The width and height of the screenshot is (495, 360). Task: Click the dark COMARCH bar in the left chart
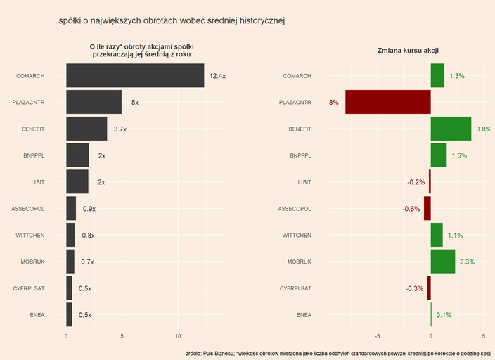pos(135,75)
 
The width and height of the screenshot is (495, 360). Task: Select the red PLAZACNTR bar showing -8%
pos(388,102)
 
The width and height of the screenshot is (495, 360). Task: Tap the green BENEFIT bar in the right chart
pos(451,129)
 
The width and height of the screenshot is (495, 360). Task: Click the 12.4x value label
pos(217,76)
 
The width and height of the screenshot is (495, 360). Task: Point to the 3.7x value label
pos(120,129)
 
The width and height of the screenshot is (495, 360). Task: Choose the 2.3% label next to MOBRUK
pos(467,262)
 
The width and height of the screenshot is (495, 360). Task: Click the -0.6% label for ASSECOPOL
pos(411,209)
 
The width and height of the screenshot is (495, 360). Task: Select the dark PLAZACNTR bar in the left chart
pos(94,102)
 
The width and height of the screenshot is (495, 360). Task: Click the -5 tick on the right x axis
pos(378,336)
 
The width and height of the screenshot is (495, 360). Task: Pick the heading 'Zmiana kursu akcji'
pos(408,49)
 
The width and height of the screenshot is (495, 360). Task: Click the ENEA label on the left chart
pos(37,315)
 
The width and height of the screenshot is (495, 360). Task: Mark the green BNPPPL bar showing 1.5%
pos(439,155)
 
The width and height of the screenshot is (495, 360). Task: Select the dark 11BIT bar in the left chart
pos(77,182)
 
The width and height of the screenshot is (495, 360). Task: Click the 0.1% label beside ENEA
pos(444,315)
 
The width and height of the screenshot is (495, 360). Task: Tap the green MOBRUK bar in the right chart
pos(443,262)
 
